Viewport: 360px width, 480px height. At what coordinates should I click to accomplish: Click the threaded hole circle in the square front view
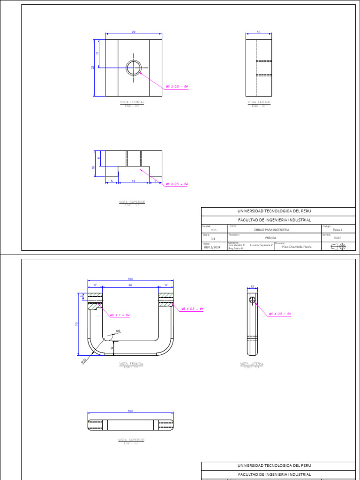[x=134, y=68]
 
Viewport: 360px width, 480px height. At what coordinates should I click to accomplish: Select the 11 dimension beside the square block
[x=98, y=53]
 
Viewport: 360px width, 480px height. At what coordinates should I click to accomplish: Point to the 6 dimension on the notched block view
[x=98, y=158]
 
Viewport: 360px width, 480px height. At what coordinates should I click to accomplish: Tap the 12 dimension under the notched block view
[x=134, y=181]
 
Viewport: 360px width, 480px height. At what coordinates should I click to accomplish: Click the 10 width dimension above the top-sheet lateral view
[x=258, y=32]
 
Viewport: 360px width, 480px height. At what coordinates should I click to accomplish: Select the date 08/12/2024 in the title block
[x=212, y=247]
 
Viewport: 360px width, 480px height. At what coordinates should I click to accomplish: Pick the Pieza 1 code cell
[x=337, y=230]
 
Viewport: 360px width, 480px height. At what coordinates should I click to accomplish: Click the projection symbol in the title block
[x=338, y=247]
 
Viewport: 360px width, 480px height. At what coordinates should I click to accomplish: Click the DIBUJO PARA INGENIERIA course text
[x=271, y=230]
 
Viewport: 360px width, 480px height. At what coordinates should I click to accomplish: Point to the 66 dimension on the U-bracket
[x=131, y=285]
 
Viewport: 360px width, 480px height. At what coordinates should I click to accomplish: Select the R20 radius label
[x=83, y=361]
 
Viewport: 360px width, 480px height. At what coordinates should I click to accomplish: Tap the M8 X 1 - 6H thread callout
[x=120, y=315]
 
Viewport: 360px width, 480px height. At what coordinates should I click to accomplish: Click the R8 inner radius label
[x=118, y=331]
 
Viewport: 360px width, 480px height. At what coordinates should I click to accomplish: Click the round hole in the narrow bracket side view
[x=252, y=300]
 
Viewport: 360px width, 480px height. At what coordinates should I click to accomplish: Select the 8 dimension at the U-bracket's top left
[x=82, y=296]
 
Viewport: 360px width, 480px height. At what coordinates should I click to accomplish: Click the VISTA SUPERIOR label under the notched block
[x=132, y=202]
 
